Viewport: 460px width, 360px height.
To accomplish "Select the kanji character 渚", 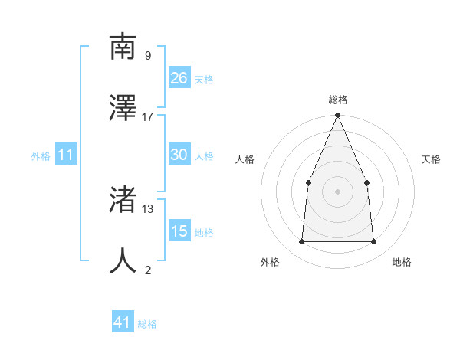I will (x=123, y=199).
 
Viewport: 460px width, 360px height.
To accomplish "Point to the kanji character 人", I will (x=123, y=260).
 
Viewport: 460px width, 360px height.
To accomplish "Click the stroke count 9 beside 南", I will (x=147, y=56).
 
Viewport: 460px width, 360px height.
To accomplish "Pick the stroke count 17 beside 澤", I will (x=148, y=117).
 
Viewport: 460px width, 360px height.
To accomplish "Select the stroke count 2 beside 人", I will (x=148, y=270).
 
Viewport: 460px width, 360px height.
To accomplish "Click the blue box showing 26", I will (x=179, y=78).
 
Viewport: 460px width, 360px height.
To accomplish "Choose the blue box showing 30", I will (x=179, y=155).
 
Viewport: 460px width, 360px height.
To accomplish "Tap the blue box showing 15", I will (x=179, y=231).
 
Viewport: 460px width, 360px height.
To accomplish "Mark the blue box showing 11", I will (x=65, y=155).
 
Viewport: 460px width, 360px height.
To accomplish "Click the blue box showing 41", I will (x=123, y=322).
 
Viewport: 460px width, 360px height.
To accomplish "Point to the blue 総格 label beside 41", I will (x=148, y=324).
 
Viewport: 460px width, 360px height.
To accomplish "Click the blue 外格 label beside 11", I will (x=41, y=156).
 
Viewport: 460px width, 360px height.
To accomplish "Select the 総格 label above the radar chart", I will (x=337, y=100).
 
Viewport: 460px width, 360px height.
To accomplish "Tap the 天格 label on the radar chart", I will (x=431, y=159).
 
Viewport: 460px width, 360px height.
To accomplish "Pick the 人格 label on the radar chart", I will (x=245, y=159).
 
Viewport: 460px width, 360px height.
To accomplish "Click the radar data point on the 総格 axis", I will (x=337, y=116).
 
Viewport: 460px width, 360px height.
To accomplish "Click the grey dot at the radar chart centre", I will (x=337, y=191).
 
